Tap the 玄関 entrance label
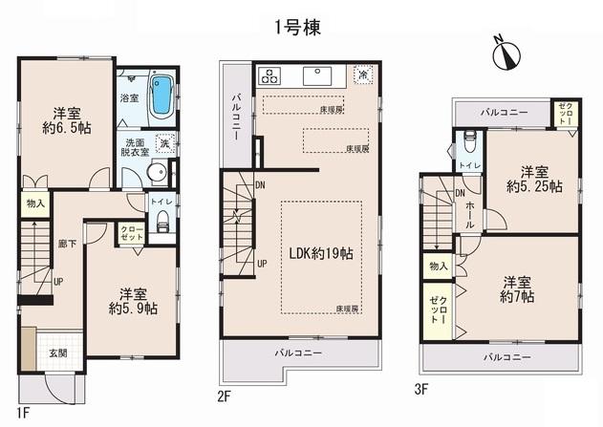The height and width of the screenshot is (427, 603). point(58,352)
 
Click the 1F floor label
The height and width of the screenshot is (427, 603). point(26,413)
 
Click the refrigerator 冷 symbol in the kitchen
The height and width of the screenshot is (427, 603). point(363,73)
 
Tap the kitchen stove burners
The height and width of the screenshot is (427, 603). point(268,75)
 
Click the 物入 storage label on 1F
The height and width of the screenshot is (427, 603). point(34,203)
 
